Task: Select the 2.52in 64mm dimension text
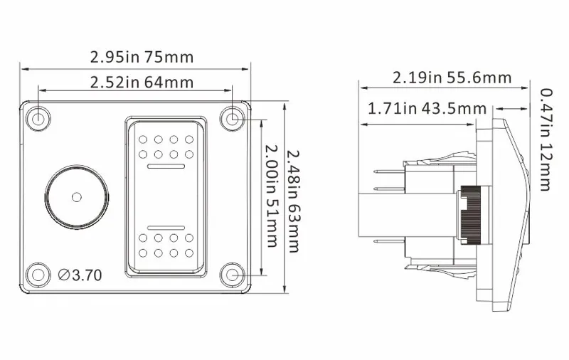click(x=142, y=82)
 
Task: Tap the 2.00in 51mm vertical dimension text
click(x=271, y=196)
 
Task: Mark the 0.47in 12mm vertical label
click(x=546, y=139)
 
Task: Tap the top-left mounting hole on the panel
click(x=38, y=117)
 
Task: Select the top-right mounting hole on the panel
click(x=232, y=117)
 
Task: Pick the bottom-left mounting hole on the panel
click(x=38, y=273)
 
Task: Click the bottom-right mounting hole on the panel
click(x=232, y=273)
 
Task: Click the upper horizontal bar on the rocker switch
click(x=168, y=166)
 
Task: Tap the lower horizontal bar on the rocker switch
click(x=168, y=226)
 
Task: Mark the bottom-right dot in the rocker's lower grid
click(x=189, y=253)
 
